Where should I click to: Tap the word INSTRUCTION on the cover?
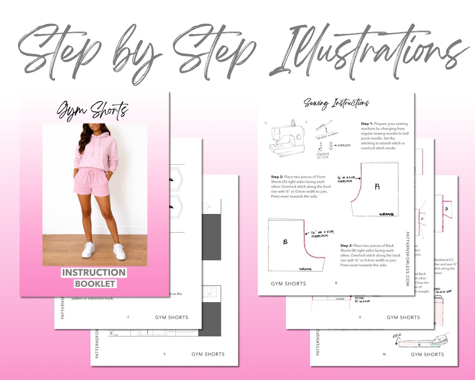(94, 272)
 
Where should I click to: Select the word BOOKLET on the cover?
(95, 284)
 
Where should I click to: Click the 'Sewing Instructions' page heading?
(336, 103)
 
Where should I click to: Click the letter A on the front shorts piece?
(377, 187)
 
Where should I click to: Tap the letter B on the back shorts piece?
(285, 242)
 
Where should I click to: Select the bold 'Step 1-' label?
(367, 124)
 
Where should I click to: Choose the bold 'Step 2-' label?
(277, 177)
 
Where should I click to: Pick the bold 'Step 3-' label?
(346, 245)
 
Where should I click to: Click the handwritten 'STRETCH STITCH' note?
(322, 156)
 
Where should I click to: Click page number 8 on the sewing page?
(336, 283)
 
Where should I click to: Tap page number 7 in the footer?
(128, 317)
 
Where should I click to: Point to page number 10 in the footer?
(384, 354)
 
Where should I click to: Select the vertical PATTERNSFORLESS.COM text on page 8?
(407, 259)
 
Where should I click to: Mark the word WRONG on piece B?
(305, 269)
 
